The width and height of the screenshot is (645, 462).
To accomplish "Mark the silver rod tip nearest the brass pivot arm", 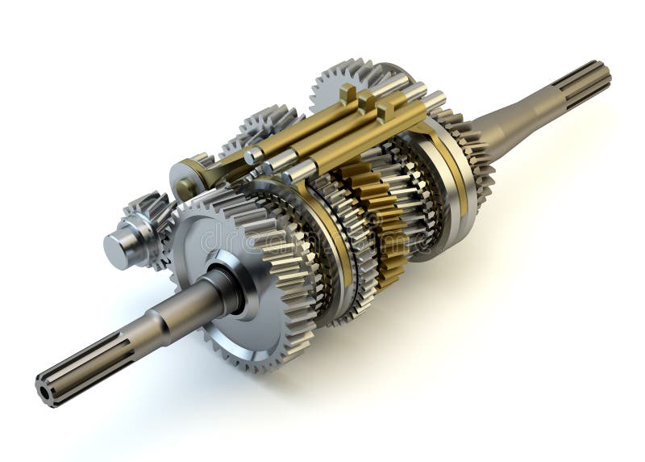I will pyautogui.click(x=254, y=156).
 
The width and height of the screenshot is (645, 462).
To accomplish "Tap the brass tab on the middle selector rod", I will pyautogui.click(x=367, y=102).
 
